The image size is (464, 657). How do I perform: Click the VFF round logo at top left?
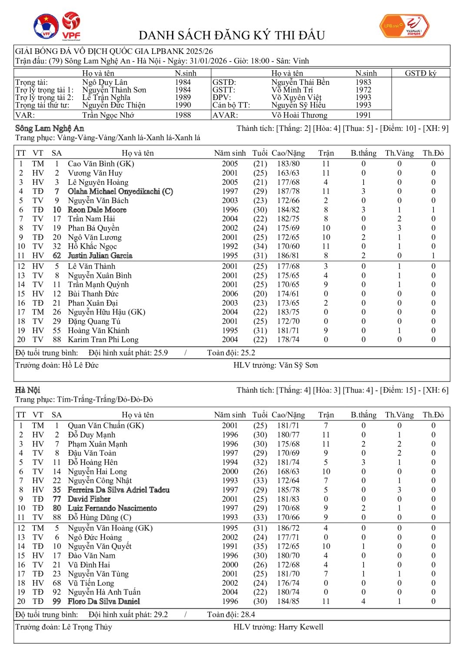tap(46, 27)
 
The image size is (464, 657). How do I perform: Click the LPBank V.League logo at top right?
tap(404, 26)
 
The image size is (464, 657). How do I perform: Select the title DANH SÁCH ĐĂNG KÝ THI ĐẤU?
tap(232, 35)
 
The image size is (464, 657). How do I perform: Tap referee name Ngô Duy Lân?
tap(105, 82)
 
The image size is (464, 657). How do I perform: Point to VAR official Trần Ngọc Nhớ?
tap(108, 115)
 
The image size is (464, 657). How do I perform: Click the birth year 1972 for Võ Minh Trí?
tap(363, 90)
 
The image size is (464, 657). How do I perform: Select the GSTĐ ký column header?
tap(420, 73)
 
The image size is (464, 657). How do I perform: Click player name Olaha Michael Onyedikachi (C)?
tap(120, 191)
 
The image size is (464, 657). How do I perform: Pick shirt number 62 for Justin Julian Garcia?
tap(56, 256)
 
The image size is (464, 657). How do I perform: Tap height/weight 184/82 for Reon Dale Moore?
tap(288, 210)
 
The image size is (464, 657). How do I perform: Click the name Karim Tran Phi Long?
tap(103, 340)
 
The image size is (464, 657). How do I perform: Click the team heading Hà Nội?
tap(27, 390)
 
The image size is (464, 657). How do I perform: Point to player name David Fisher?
tap(89, 499)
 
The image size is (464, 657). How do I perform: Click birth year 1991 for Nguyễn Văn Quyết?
tap(230, 546)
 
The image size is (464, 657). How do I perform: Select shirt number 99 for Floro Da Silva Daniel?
tap(56, 601)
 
